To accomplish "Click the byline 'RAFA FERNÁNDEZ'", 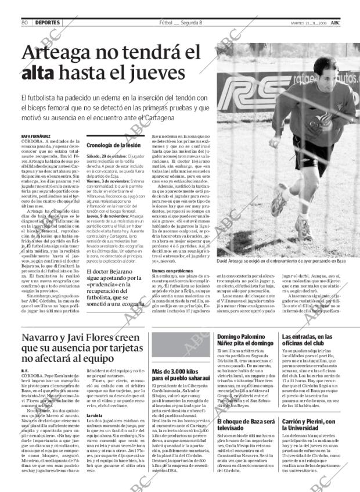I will (35, 135).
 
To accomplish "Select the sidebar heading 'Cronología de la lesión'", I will (113, 145).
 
